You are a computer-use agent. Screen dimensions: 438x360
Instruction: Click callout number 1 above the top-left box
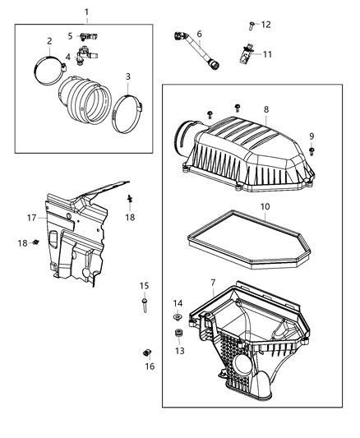click(x=87, y=12)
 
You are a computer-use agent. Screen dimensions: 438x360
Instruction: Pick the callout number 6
click(x=199, y=34)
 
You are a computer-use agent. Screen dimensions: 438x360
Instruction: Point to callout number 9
click(x=312, y=136)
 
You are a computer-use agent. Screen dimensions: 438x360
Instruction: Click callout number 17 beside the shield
click(x=30, y=219)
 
